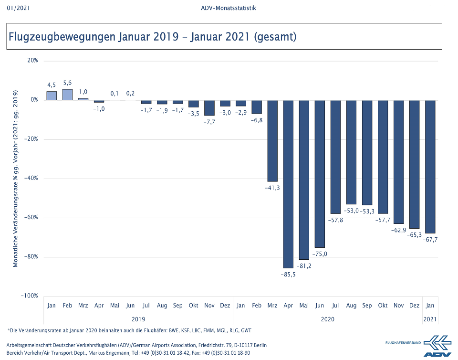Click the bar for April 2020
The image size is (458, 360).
[x=288, y=184]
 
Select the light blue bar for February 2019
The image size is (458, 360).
[x=68, y=95]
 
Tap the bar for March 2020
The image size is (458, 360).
[x=272, y=141]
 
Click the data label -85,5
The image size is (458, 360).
[x=288, y=274]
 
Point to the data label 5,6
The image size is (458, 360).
[x=68, y=83]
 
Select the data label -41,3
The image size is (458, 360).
[x=272, y=188]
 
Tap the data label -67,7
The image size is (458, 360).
[x=430, y=239]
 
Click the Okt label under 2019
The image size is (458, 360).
[x=194, y=306]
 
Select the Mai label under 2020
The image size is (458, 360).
[x=304, y=306]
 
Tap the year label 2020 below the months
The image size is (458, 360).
[x=327, y=319]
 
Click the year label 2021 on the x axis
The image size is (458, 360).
[x=430, y=319]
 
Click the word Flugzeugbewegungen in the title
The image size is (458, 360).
[x=61, y=36]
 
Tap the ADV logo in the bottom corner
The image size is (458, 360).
[x=436, y=346]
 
